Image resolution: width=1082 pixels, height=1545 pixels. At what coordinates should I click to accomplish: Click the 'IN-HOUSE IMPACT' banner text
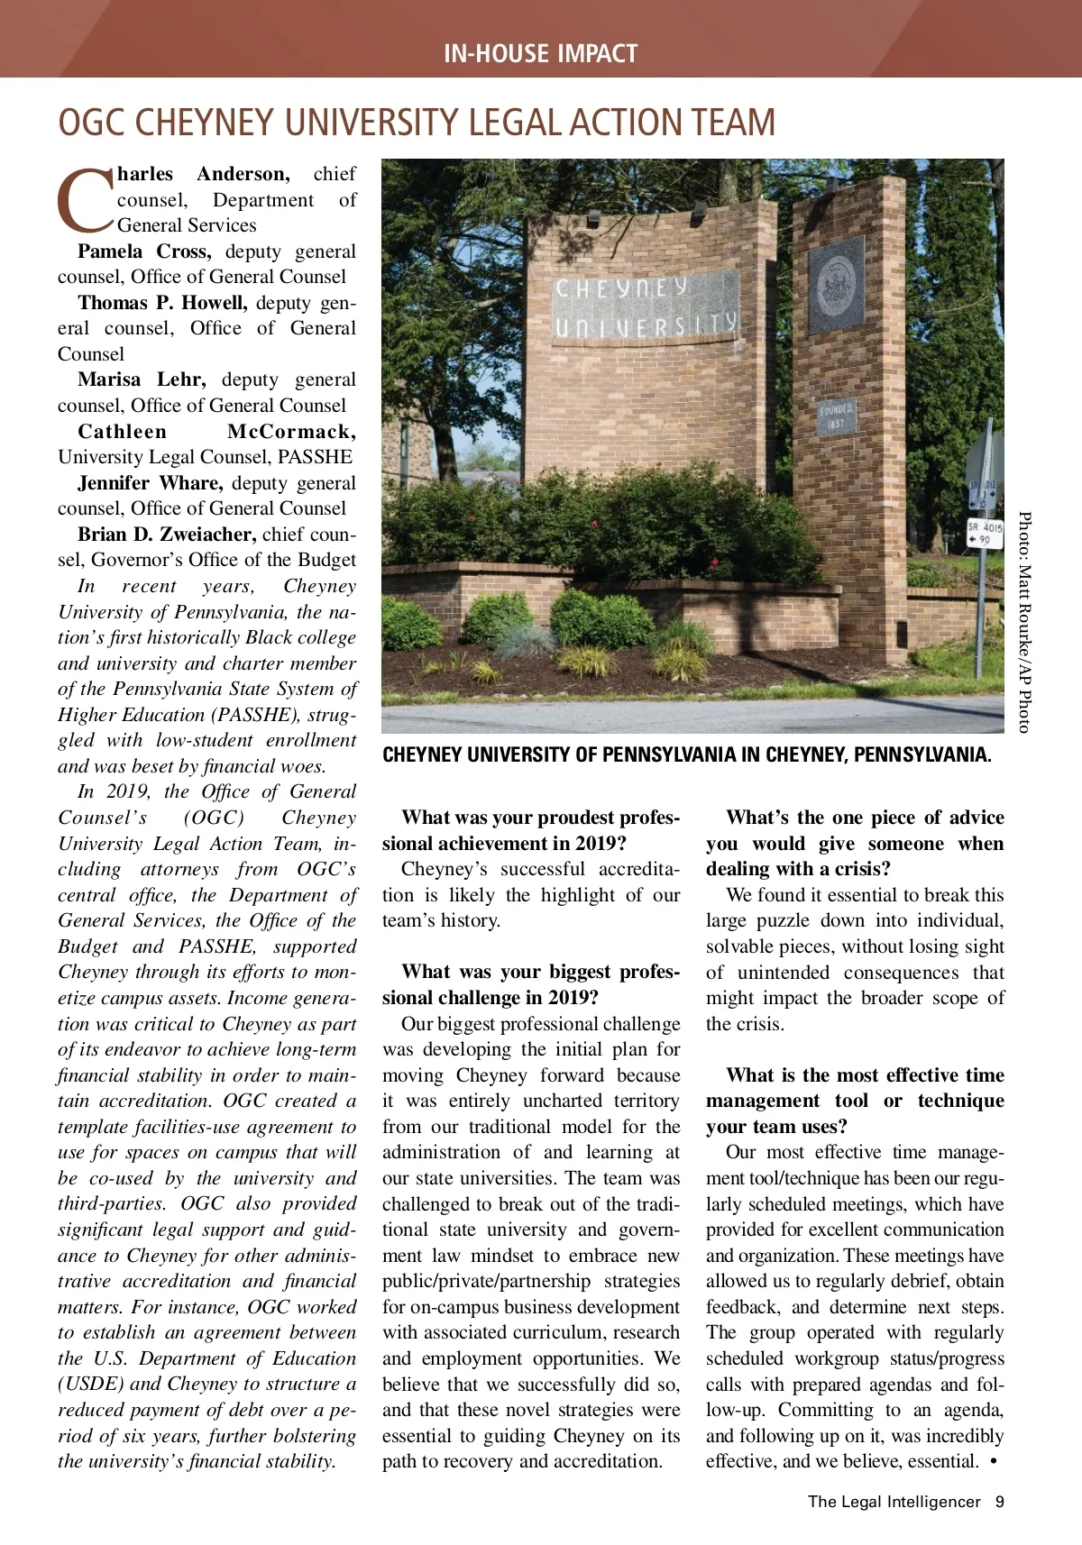(x=540, y=53)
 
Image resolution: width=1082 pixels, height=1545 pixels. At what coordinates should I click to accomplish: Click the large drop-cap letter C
(x=86, y=199)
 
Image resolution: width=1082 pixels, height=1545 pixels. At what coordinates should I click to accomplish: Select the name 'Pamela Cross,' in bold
(x=144, y=251)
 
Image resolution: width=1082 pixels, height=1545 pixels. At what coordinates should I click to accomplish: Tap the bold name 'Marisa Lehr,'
(x=142, y=379)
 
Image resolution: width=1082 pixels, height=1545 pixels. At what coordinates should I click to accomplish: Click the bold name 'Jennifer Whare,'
(x=150, y=483)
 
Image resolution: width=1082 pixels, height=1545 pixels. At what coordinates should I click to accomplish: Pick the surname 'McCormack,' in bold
(x=291, y=432)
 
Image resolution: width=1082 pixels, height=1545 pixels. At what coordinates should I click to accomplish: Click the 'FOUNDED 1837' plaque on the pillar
(x=836, y=416)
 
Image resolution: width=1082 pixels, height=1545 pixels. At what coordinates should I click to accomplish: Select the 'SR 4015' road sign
(x=985, y=533)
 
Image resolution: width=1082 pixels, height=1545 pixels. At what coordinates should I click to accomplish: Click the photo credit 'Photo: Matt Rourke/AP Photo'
(x=1024, y=622)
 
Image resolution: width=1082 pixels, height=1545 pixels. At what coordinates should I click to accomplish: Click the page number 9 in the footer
(x=999, y=1502)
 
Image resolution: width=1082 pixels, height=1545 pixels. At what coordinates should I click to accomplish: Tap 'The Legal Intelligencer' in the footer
(x=894, y=1502)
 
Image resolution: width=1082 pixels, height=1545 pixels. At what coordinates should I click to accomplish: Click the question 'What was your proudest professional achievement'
(x=531, y=830)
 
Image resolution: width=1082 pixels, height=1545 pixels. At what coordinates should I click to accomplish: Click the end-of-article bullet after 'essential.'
(x=993, y=1461)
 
